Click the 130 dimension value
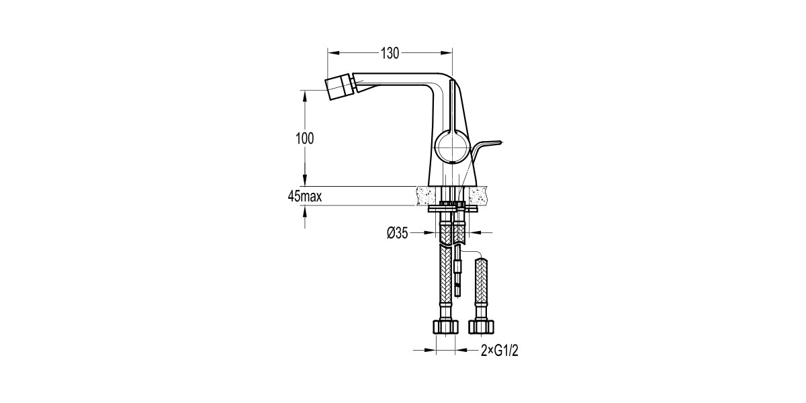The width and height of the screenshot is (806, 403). pyautogui.click(x=390, y=53)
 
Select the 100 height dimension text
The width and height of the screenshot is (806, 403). pyautogui.click(x=305, y=138)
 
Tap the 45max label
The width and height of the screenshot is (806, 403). pyautogui.click(x=305, y=196)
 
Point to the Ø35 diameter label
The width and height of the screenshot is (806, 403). pyautogui.click(x=398, y=233)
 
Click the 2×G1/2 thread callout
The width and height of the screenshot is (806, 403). pyautogui.click(x=500, y=351)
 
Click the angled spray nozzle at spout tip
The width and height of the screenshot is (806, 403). pyautogui.click(x=339, y=87)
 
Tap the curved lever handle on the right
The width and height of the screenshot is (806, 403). pyautogui.click(x=484, y=151)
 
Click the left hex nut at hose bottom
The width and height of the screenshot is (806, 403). pyautogui.click(x=445, y=326)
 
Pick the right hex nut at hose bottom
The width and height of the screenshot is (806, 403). pyautogui.click(x=481, y=326)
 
